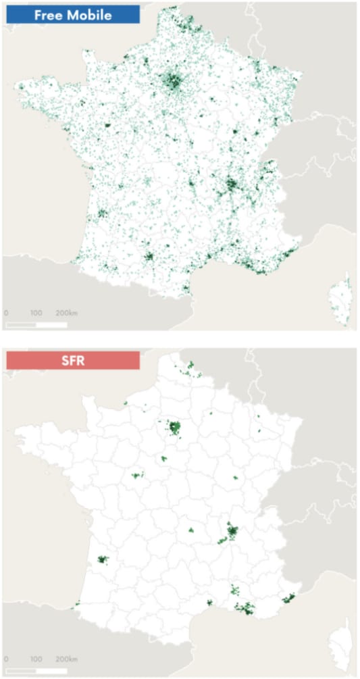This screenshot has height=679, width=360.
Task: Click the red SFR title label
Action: point(72,360)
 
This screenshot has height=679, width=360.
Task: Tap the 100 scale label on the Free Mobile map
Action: point(36,313)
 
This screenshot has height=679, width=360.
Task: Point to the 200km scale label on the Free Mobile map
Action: point(66,313)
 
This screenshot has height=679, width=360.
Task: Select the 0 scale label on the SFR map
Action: point(6,659)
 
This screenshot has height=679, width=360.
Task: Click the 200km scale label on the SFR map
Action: point(66,659)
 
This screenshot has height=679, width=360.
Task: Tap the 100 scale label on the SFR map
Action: point(36,659)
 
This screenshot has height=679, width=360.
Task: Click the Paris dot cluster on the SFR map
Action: point(175,427)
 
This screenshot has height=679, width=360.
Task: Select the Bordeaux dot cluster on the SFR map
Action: point(103,559)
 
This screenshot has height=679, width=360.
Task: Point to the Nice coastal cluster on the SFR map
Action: point(290,599)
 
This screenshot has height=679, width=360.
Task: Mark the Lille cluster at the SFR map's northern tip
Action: point(191,365)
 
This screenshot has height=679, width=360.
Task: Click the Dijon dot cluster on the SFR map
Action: point(236,478)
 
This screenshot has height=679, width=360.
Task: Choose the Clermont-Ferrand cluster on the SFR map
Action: point(190,530)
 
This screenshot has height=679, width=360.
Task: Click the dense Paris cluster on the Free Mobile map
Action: point(174,83)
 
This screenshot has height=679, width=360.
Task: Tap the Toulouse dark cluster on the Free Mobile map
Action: point(149,257)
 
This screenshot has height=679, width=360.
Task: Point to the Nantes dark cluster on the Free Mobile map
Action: point(107,126)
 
